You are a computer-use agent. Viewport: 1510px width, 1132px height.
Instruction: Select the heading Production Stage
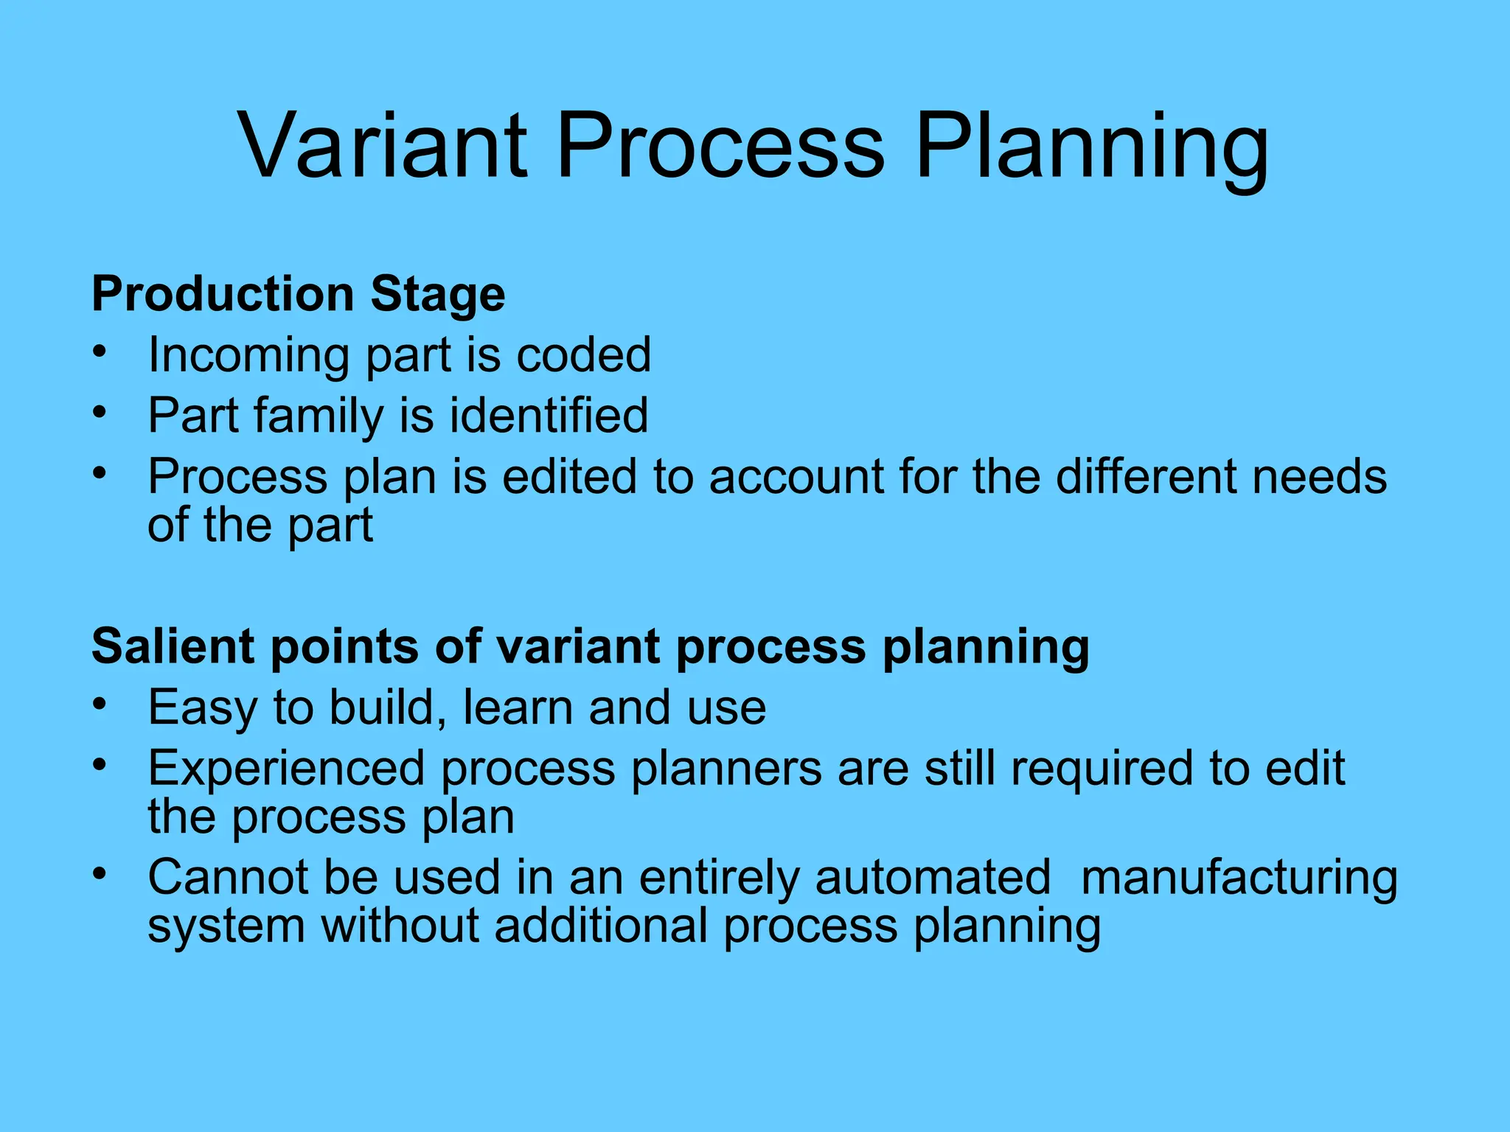click(298, 295)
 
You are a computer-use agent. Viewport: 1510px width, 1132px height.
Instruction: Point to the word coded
click(583, 355)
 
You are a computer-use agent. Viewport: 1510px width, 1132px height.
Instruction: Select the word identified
click(549, 415)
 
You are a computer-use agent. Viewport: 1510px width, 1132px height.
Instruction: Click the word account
click(796, 478)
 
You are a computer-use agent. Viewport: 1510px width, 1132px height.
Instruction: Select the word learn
click(517, 707)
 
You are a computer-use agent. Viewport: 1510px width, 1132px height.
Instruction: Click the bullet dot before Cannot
click(100, 874)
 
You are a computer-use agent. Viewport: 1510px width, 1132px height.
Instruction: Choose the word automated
click(933, 877)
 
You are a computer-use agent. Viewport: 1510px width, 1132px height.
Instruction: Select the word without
click(400, 926)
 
